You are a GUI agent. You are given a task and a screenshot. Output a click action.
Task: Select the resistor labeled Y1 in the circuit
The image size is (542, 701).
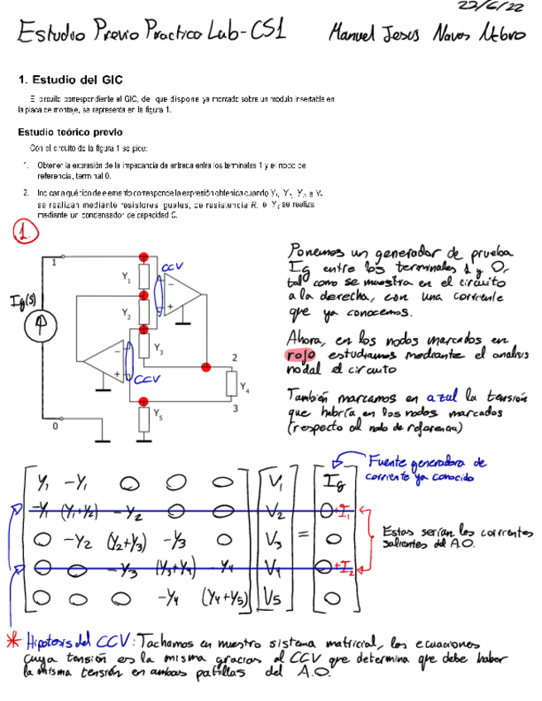(x=144, y=277)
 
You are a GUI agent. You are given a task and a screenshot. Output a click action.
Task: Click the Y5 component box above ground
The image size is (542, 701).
(x=144, y=419)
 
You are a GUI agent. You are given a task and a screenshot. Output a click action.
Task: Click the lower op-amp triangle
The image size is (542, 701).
(x=108, y=360)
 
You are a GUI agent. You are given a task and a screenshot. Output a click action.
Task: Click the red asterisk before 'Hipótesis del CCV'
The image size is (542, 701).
(x=13, y=641)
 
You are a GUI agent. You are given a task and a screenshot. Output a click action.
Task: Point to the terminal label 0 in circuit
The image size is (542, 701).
(x=55, y=427)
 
